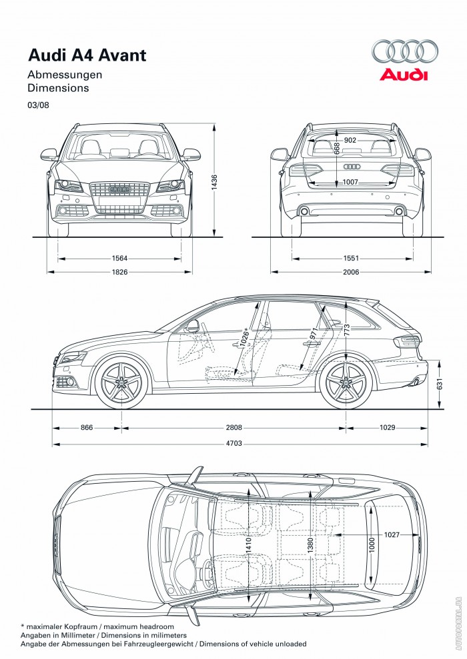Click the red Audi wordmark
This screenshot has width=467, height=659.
[404, 75]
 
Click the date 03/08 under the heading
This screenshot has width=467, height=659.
[38, 105]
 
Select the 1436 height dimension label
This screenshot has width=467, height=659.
[214, 183]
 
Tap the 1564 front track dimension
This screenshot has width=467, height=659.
[120, 259]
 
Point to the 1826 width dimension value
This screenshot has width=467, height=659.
[120, 272]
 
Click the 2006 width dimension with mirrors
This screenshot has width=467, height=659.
[352, 272]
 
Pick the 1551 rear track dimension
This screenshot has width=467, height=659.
[352, 259]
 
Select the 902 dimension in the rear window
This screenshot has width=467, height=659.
[350, 140]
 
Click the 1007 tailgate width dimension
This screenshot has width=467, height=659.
[350, 182]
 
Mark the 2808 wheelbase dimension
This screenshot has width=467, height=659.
[234, 427]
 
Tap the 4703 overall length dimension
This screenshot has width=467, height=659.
[234, 443]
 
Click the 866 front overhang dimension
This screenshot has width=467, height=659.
[86, 427]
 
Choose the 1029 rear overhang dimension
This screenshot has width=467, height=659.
[388, 427]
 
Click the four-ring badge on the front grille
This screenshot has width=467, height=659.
[120, 189]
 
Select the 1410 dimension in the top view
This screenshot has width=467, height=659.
[248, 546]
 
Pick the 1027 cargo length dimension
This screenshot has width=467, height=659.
[392, 534]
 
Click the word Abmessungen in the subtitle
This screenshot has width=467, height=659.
[65, 75]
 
